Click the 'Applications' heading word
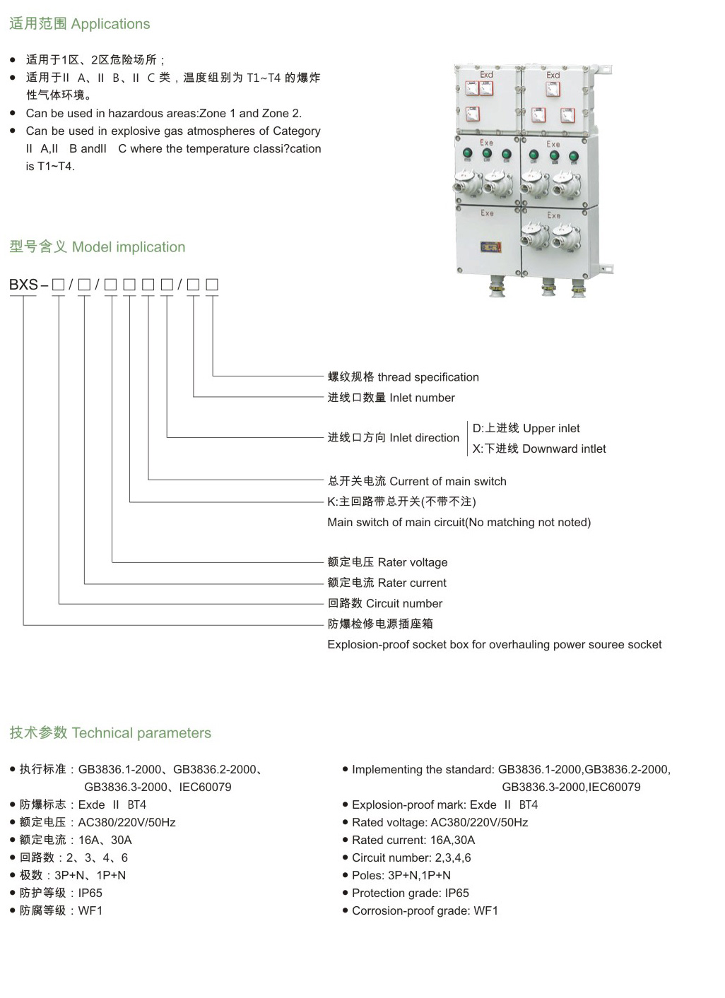pyautogui.click(x=110, y=24)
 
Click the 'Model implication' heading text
pyautogui.click(x=129, y=246)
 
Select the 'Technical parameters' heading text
pyautogui.click(x=141, y=733)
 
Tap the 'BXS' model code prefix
pyautogui.click(x=23, y=284)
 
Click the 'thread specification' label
pyautogui.click(x=428, y=377)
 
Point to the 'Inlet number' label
pyautogui.click(x=423, y=398)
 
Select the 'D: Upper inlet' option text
pyautogui.click(x=526, y=428)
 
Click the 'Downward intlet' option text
pyautogui.click(x=564, y=448)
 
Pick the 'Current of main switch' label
pyautogui.click(x=448, y=481)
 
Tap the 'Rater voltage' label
pyautogui.click(x=413, y=562)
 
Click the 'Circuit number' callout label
pyautogui.click(x=404, y=603)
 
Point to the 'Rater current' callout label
pyautogui.click(x=411, y=583)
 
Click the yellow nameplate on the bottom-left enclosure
pyautogui.click(x=490, y=246)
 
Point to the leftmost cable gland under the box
pyautogui.click(x=497, y=286)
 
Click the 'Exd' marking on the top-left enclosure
pyautogui.click(x=486, y=74)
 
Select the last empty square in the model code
pyautogui.click(x=212, y=284)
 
